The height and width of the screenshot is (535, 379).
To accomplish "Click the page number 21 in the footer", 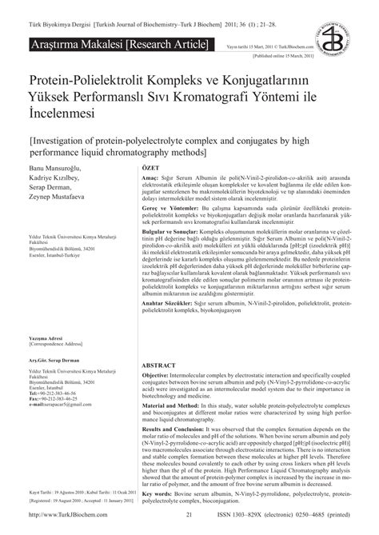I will (x=189, y=516).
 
